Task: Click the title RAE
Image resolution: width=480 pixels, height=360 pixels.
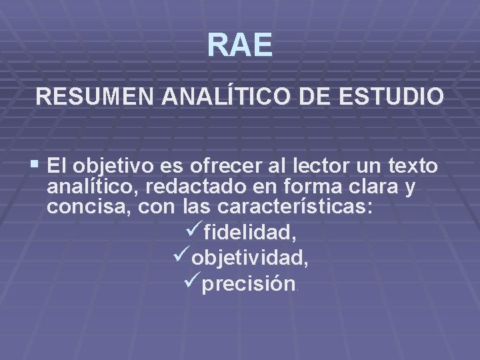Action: tap(239, 45)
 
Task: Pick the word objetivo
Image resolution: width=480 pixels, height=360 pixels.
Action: tap(116, 165)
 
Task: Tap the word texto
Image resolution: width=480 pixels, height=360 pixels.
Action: tap(413, 165)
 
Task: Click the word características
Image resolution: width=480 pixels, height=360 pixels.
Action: tap(276, 207)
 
